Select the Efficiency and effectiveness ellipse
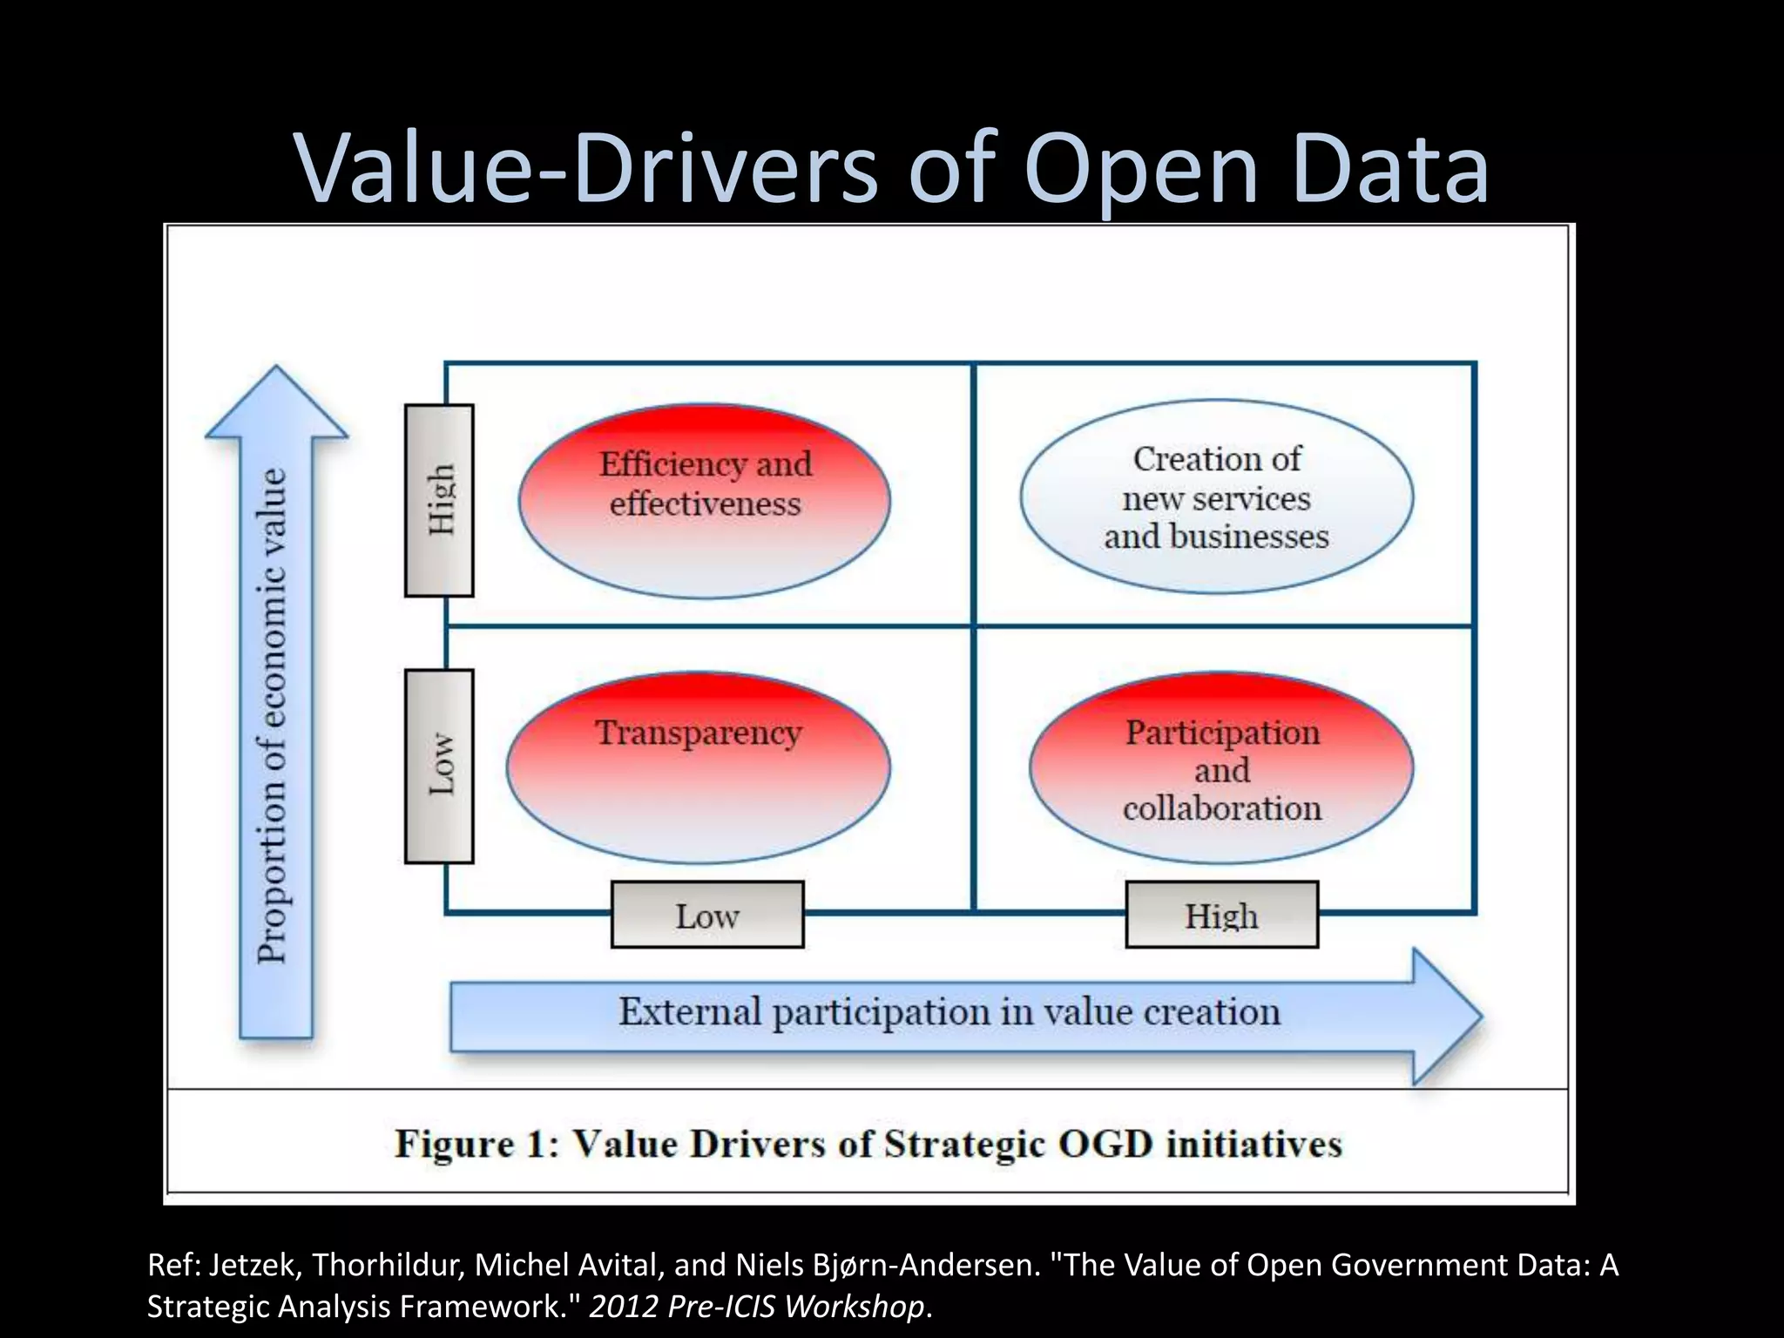[705, 501]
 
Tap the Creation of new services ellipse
[1217, 497]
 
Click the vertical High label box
[440, 501]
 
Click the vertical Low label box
[440, 767]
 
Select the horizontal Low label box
[707, 915]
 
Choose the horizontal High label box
[1221, 915]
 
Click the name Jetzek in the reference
[255, 1265]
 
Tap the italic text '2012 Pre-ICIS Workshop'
[756, 1307]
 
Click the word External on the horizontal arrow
[690, 1012]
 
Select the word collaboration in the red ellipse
[1221, 808]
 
